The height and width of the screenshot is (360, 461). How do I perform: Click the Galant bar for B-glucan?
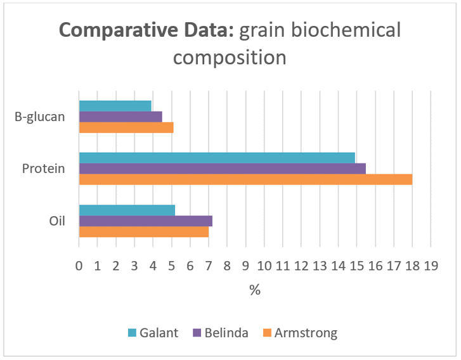coord(115,106)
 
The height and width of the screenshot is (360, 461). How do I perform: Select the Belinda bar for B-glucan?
coord(120,117)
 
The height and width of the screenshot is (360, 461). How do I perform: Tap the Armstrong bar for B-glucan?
coord(126,127)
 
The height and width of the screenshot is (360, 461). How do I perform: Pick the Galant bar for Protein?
coord(217,158)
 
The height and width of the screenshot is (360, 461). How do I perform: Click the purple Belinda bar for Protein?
coord(223,169)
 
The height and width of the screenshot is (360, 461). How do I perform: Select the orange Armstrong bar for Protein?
coord(246,179)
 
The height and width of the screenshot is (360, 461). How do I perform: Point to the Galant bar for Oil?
coord(127,210)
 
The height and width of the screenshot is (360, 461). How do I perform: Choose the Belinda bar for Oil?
coord(146,221)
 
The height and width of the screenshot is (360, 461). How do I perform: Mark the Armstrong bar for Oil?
coord(144,231)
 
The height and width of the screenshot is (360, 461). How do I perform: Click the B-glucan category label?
coord(40,117)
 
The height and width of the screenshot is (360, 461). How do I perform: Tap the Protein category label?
coord(44,169)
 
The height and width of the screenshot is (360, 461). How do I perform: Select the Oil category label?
coord(57,221)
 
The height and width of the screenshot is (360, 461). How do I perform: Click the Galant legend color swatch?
coord(133,333)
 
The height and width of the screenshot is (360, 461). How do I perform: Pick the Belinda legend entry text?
coord(226,333)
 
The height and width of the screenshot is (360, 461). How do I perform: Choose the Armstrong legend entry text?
coord(306,333)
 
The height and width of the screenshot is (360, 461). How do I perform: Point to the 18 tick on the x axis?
coord(412,266)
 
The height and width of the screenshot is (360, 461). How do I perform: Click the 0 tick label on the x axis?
coord(79,266)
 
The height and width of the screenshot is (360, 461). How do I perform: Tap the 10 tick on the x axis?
coord(264,266)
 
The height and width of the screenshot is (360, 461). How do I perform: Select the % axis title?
coord(255,290)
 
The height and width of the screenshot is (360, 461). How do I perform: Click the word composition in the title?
coord(230,58)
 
